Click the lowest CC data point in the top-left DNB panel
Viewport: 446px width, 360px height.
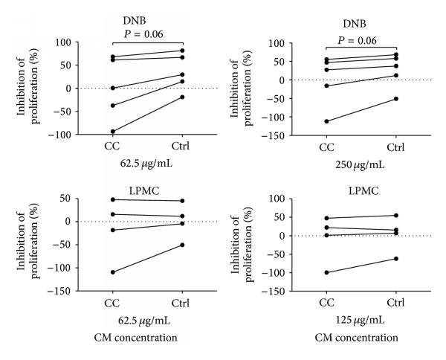pyautogui.click(x=114, y=132)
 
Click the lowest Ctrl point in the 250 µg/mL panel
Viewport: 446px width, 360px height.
pyautogui.click(x=396, y=99)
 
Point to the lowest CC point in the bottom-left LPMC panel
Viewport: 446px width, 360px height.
pyautogui.click(x=114, y=272)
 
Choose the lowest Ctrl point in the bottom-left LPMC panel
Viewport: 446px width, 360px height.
pyautogui.click(x=183, y=245)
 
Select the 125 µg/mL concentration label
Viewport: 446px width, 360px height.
pyautogui.click(x=361, y=321)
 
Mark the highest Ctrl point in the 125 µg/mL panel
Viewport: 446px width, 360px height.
pyautogui.click(x=396, y=216)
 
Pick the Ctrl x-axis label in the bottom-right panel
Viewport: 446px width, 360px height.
pyautogui.click(x=396, y=305)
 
